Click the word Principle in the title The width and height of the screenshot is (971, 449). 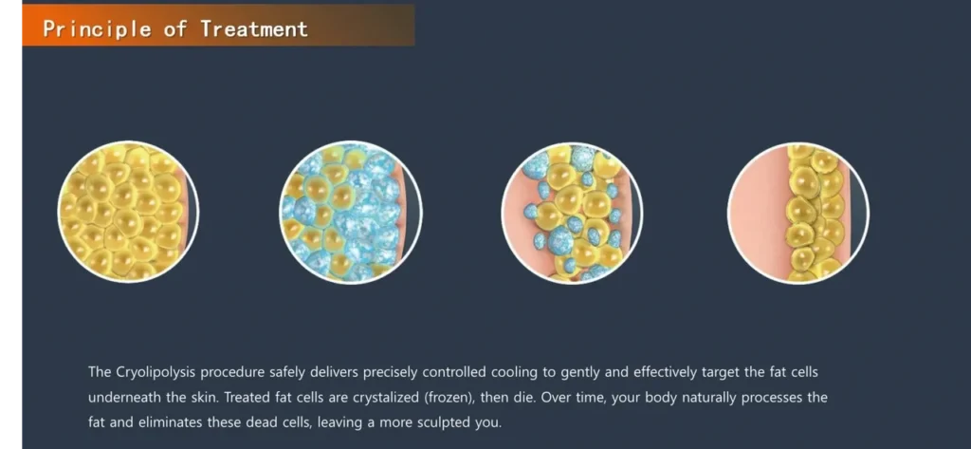point(97,29)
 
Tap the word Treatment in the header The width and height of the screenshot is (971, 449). point(254,28)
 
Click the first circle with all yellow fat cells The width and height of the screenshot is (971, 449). point(128,213)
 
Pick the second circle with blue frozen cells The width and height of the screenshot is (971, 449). point(351,213)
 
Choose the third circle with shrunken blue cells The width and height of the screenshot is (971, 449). point(572,213)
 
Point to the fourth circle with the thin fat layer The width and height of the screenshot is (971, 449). point(798,213)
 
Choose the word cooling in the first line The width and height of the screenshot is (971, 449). point(513,373)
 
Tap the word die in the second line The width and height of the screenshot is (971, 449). point(525,398)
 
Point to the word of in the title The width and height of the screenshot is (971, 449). point(175,29)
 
